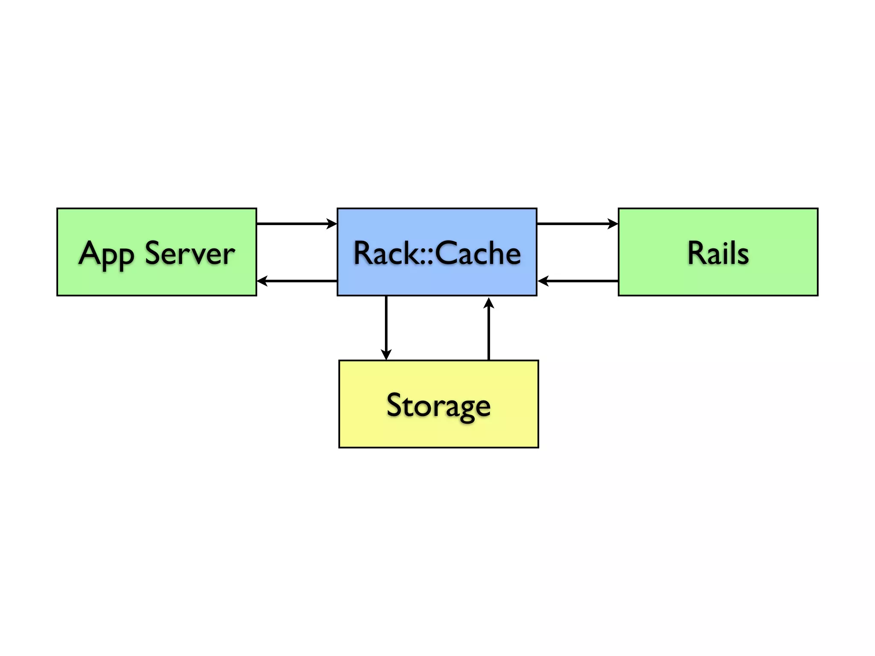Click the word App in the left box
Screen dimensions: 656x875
pyautogui.click(x=106, y=255)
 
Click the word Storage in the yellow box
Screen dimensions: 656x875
pyautogui.click(x=438, y=405)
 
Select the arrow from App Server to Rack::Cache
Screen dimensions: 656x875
pyautogui.click(x=297, y=223)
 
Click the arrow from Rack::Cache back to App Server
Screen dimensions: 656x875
pyautogui.click(x=297, y=281)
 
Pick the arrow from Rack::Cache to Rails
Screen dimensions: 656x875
pyautogui.click(x=577, y=223)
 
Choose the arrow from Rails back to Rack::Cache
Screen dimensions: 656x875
pyautogui.click(x=578, y=281)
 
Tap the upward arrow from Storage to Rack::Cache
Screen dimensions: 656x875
pyautogui.click(x=489, y=329)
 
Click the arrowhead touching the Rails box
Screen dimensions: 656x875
pyautogui.click(x=613, y=223)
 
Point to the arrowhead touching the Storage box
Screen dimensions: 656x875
pyautogui.click(x=386, y=355)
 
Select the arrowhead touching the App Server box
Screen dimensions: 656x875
pyautogui.click(x=262, y=281)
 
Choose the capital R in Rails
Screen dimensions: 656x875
pyautogui.click(x=697, y=253)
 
